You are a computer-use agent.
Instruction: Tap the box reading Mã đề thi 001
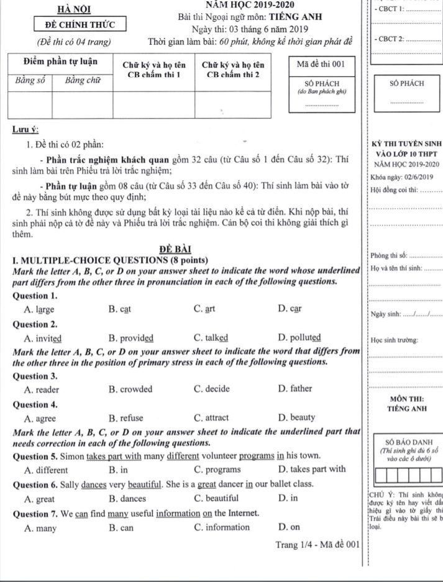coord(321,64)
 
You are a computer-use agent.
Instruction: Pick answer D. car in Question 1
coord(290,309)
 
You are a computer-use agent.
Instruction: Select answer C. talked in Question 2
coord(211,339)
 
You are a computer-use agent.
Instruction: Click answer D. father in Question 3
coord(296,389)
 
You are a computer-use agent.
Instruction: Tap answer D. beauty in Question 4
coord(297,417)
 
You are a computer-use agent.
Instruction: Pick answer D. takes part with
coord(313,469)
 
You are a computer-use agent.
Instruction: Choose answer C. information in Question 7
coord(221,528)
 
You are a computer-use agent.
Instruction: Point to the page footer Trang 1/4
coord(293,545)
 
